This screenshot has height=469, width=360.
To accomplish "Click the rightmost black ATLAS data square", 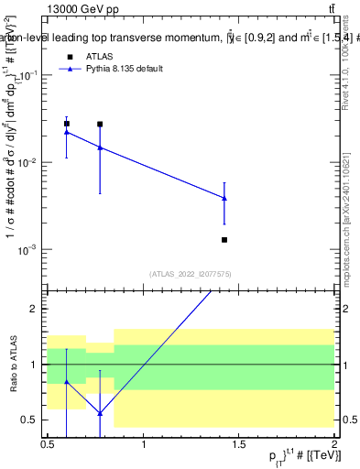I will [x=224, y=240].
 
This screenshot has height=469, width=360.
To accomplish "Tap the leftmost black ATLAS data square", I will [x=67, y=124].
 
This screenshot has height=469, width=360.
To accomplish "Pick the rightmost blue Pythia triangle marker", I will [x=224, y=198].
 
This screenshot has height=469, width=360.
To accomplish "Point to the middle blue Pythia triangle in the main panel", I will [x=100, y=147].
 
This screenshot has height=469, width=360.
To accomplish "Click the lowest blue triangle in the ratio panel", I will [x=100, y=413].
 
